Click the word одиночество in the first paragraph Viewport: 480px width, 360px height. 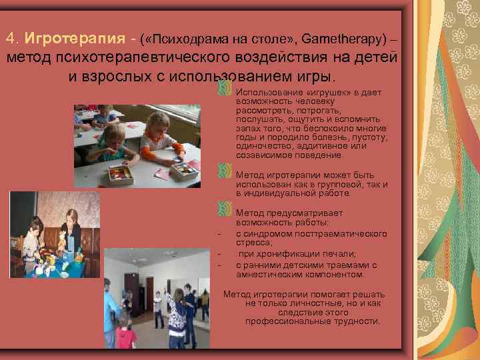[x=264, y=146]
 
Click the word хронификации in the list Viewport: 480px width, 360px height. [x=291, y=253]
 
